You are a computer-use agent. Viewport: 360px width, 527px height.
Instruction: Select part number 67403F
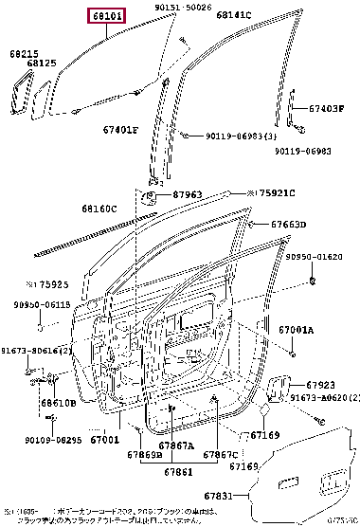coord(327,108)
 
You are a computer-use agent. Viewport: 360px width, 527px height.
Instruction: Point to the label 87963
coord(188,195)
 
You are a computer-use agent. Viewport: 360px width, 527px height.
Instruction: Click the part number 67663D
coord(288,225)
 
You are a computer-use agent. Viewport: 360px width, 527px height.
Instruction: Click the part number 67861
coord(178,470)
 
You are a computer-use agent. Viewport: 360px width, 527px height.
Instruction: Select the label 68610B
coord(58,403)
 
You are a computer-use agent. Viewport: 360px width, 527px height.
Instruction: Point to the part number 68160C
coord(99,209)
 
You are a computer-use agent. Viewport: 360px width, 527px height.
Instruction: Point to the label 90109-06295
coord(50,439)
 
